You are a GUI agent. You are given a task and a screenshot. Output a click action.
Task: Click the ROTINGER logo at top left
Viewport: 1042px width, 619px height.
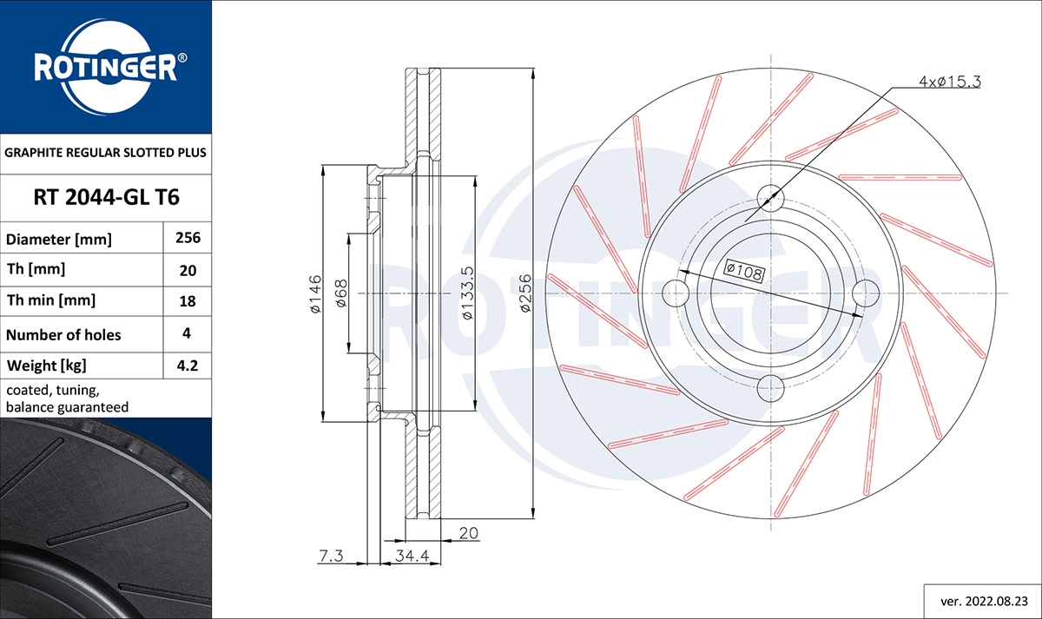pos(106,66)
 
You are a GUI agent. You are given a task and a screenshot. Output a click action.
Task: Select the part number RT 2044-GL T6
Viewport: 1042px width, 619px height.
pos(106,198)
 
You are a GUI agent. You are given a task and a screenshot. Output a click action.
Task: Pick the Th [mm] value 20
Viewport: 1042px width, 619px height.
pos(188,270)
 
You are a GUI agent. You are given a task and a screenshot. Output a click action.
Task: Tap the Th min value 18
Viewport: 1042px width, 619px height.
pos(188,302)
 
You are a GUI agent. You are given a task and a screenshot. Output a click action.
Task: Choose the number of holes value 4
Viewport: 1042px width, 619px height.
pos(188,334)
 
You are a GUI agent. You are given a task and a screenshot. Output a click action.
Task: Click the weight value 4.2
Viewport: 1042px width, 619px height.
pos(188,365)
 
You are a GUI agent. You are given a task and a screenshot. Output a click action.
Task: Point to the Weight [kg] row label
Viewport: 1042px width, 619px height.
pos(47,365)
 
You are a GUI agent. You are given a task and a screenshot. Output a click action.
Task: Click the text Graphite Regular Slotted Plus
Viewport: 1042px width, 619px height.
pos(106,152)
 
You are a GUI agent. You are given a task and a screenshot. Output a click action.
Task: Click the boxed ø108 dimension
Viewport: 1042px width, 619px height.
pos(743,271)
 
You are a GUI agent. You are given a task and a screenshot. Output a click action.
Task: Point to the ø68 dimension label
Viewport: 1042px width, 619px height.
pos(341,293)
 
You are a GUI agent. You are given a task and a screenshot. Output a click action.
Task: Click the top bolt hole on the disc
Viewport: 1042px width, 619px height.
pos(771,199)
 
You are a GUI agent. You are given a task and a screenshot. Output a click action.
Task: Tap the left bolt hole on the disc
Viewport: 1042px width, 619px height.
pos(676,293)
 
